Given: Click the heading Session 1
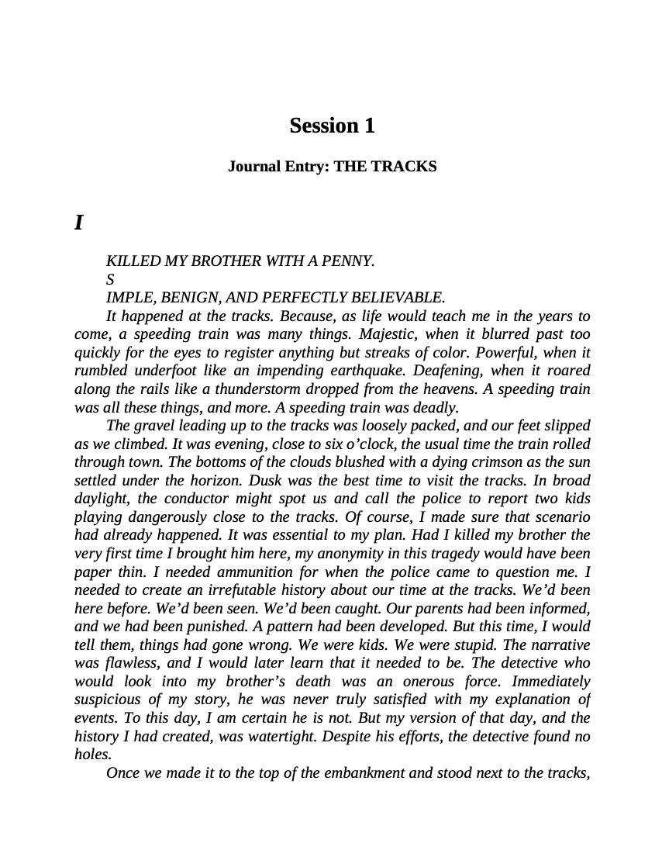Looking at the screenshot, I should click(332, 126).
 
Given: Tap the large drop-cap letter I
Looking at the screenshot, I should click(78, 223).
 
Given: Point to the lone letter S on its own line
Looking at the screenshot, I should click(110, 279).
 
